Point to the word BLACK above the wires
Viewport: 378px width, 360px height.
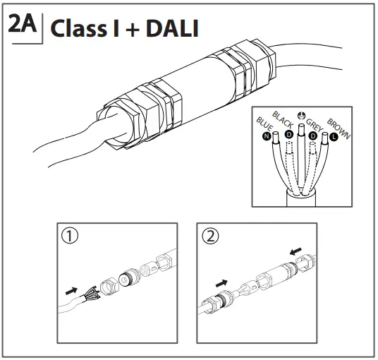point(283,118)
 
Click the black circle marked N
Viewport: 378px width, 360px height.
point(267,136)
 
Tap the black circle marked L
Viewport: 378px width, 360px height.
point(334,137)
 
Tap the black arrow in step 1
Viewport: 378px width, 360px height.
point(70,289)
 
